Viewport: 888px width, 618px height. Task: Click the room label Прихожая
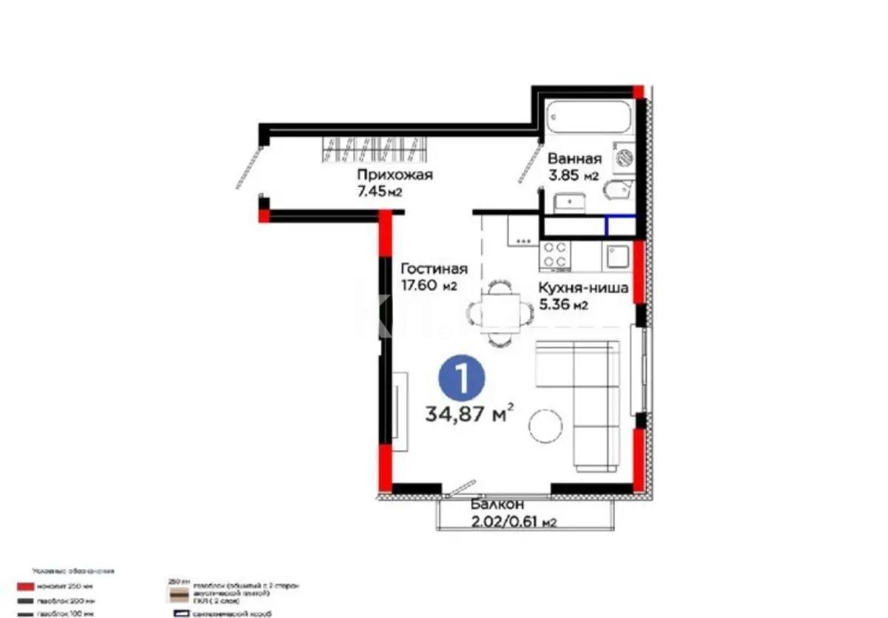click(x=394, y=175)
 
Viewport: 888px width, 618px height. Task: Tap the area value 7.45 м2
click(x=380, y=192)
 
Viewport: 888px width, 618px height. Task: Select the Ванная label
click(x=574, y=158)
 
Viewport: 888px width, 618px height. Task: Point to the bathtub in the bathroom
click(x=588, y=118)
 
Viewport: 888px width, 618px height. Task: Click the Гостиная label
click(x=434, y=269)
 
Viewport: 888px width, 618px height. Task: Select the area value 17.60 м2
click(x=428, y=286)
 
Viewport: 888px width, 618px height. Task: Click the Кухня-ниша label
click(x=583, y=288)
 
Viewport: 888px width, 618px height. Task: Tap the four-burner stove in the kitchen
click(x=555, y=255)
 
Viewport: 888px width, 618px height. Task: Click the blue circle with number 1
click(x=461, y=380)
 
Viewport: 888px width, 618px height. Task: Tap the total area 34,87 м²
click(x=470, y=414)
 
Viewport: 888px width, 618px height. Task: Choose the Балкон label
click(x=496, y=506)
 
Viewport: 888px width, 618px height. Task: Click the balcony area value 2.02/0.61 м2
click(x=514, y=523)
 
